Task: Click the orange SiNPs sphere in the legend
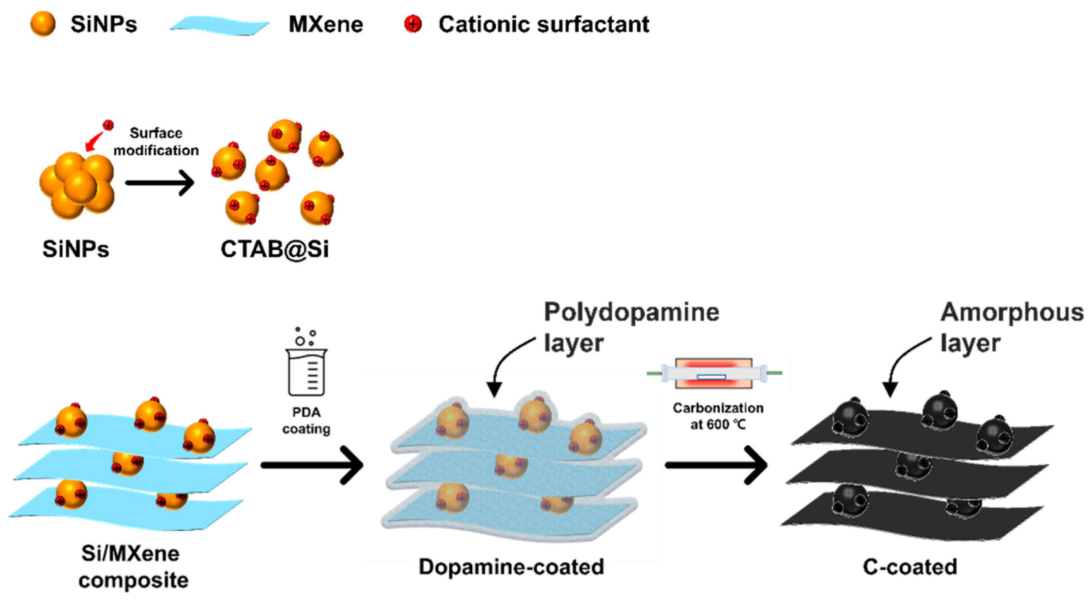click(43, 24)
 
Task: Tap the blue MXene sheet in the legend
click(219, 26)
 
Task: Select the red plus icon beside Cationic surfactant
click(413, 24)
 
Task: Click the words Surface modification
click(156, 142)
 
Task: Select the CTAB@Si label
click(274, 249)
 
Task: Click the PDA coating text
click(306, 420)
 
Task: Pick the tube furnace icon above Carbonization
click(714, 373)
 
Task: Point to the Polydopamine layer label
click(631, 327)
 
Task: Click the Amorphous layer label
click(1011, 327)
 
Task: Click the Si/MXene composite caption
click(133, 567)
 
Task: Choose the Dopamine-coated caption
click(511, 567)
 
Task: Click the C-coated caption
click(910, 567)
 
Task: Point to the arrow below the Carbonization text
click(716, 465)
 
